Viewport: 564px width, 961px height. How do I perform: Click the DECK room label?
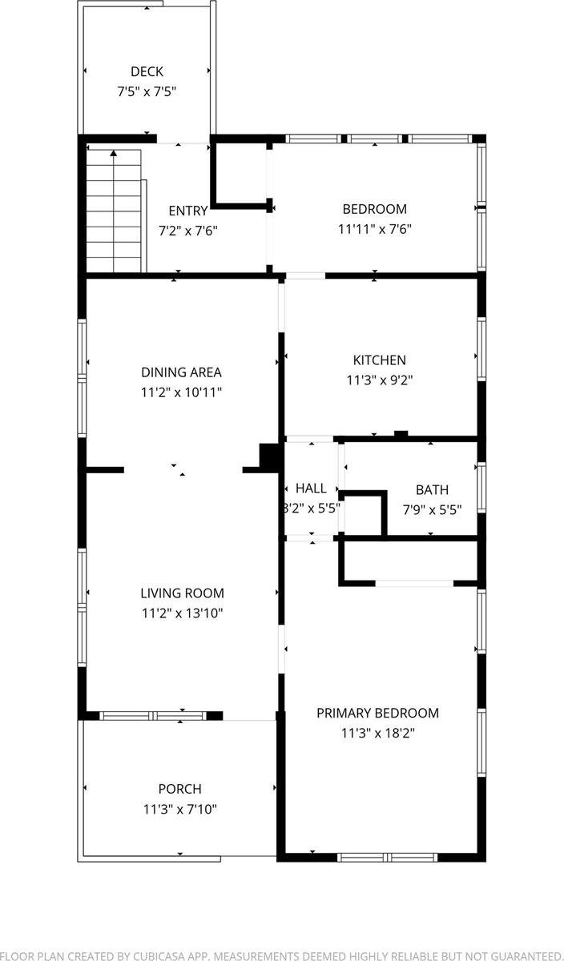147,72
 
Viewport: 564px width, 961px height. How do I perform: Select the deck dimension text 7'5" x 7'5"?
147,91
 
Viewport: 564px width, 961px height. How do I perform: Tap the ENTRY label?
188,211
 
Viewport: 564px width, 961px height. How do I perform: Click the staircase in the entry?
115,212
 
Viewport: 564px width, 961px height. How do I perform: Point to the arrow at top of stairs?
114,152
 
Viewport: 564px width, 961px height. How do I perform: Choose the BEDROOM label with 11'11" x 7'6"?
374,209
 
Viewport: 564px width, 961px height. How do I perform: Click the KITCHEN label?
380,360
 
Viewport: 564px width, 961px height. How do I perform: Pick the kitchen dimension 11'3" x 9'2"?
380,380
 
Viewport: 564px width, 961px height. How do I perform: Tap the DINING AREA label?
181,372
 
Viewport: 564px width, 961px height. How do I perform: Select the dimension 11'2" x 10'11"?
181,392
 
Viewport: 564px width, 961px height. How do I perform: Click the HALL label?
311,489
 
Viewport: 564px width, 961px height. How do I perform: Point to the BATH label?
432,490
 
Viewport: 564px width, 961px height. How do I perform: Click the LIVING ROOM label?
182,593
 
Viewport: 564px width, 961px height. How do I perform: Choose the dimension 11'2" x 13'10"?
182,613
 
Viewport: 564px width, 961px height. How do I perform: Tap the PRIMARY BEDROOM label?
377,713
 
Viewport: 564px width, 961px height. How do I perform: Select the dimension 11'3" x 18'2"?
377,733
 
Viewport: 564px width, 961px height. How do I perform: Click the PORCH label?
179,789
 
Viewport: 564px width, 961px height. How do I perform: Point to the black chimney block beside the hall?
270,456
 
